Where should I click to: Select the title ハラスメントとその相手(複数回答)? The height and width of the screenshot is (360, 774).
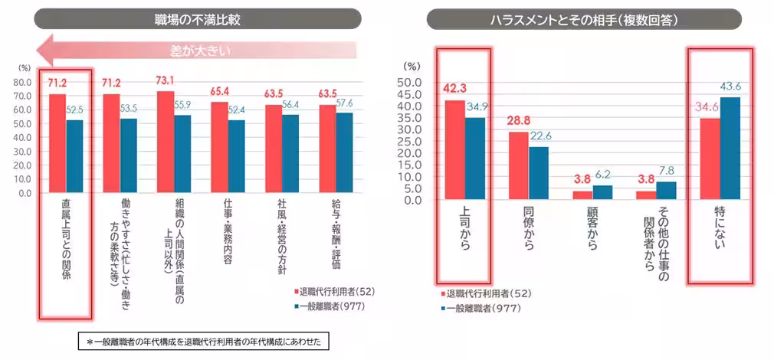tap(583, 18)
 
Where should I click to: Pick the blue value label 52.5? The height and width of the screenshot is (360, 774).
tap(74, 110)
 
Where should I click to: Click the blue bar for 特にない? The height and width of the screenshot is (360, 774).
tap(730, 149)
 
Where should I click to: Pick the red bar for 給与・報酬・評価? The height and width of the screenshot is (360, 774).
tap(327, 149)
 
